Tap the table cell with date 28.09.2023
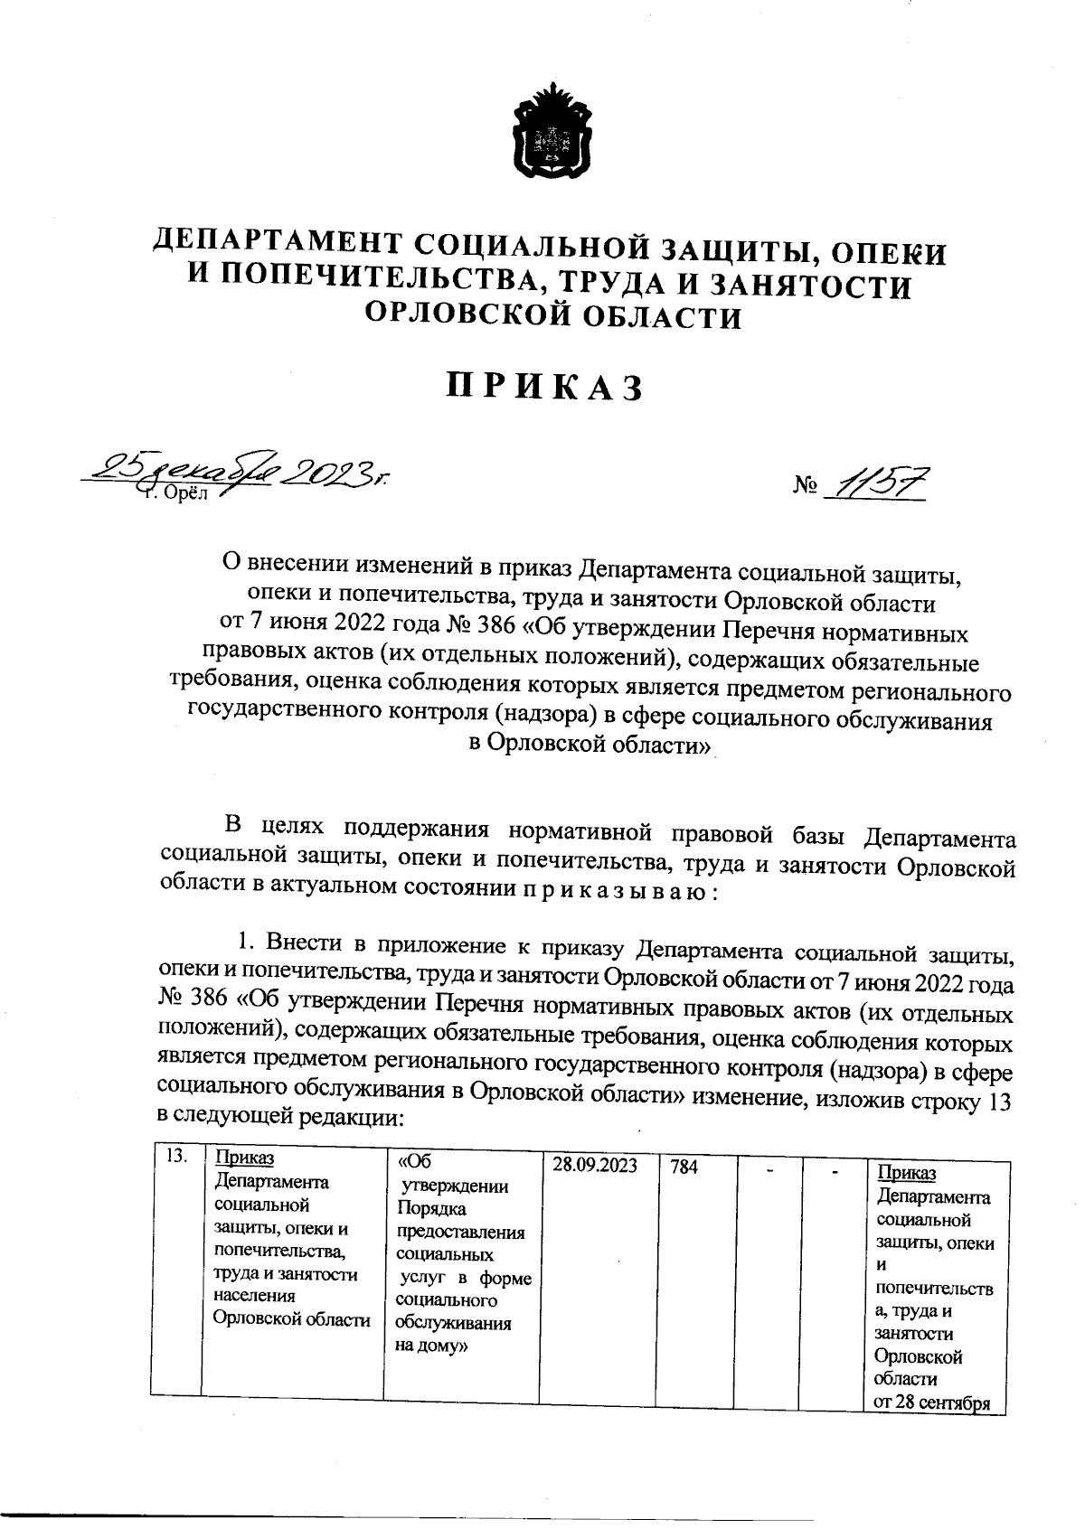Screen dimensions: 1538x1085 595,1166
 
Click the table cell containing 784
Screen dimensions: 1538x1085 684,1167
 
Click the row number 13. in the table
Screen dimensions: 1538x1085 175,1158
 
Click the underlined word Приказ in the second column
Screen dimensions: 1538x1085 244,1158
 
